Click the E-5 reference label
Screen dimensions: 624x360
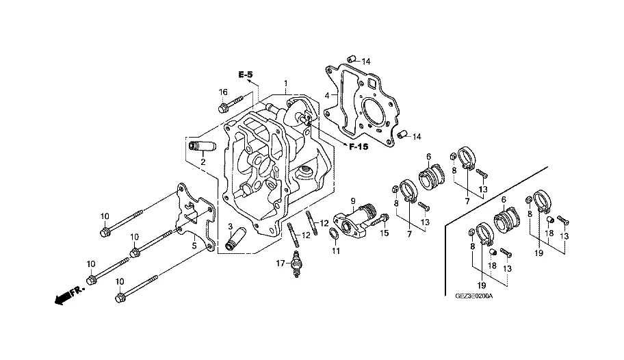coord(246,75)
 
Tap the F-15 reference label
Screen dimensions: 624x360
coord(359,147)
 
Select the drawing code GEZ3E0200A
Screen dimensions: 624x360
coord(474,296)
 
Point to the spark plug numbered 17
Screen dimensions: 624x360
coord(296,263)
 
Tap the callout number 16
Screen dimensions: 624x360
coord(223,92)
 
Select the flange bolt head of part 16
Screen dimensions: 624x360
coord(222,107)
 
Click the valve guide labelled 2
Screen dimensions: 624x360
coord(201,146)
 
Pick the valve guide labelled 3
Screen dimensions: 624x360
coord(235,239)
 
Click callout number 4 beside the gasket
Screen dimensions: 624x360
coord(327,96)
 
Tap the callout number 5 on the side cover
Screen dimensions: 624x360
coord(194,246)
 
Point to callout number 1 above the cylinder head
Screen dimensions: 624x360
coord(286,83)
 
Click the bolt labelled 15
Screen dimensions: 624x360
coord(380,220)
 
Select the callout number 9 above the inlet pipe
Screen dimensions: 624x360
coord(352,201)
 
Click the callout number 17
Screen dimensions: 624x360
coord(281,263)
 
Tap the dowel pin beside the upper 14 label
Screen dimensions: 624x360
coord(351,60)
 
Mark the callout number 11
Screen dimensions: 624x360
coord(336,251)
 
